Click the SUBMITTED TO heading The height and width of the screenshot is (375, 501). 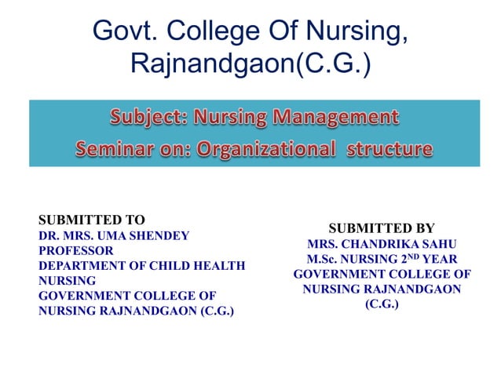coord(92,220)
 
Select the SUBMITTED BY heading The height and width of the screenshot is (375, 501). coord(382,228)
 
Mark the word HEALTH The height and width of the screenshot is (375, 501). coord(222,265)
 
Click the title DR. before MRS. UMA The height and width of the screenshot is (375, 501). coord(49,235)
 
